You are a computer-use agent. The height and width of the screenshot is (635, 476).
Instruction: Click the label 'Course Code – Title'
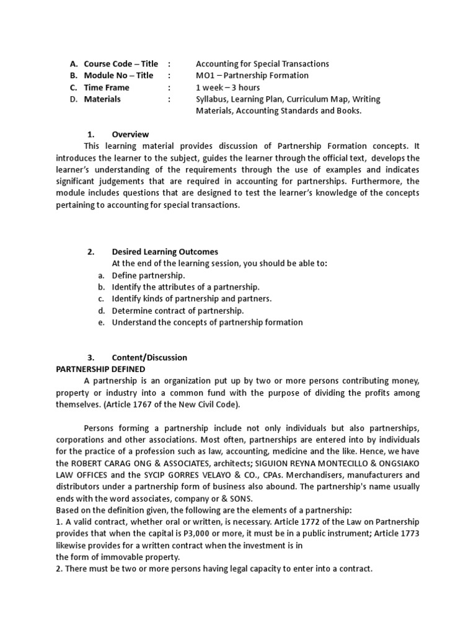click(121, 64)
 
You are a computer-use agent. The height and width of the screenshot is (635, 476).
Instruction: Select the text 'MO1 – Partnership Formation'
click(252, 76)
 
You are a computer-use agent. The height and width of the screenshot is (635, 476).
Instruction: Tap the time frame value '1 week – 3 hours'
click(227, 87)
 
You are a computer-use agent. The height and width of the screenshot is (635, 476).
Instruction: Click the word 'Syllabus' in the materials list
click(212, 99)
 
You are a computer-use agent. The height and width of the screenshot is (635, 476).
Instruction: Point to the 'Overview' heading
click(130, 135)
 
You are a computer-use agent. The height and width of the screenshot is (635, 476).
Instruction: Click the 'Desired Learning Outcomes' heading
click(165, 252)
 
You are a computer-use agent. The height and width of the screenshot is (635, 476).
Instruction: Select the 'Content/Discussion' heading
click(149, 358)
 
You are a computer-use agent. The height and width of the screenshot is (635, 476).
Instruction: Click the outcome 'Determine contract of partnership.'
click(178, 311)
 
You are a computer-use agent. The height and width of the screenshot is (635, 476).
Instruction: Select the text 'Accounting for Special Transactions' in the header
click(262, 64)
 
